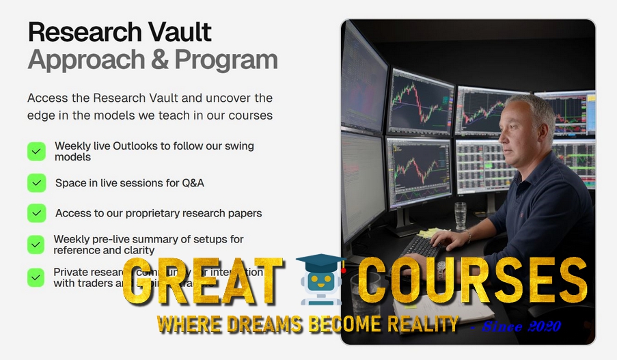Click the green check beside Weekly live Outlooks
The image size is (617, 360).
tap(36, 152)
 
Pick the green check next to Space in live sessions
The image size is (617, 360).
tap(36, 183)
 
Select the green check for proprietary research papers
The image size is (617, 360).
tap(36, 213)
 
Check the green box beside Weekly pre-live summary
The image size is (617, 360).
tap(36, 245)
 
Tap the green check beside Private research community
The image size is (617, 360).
tap(36, 277)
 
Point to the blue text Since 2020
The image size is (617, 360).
tap(521, 327)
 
